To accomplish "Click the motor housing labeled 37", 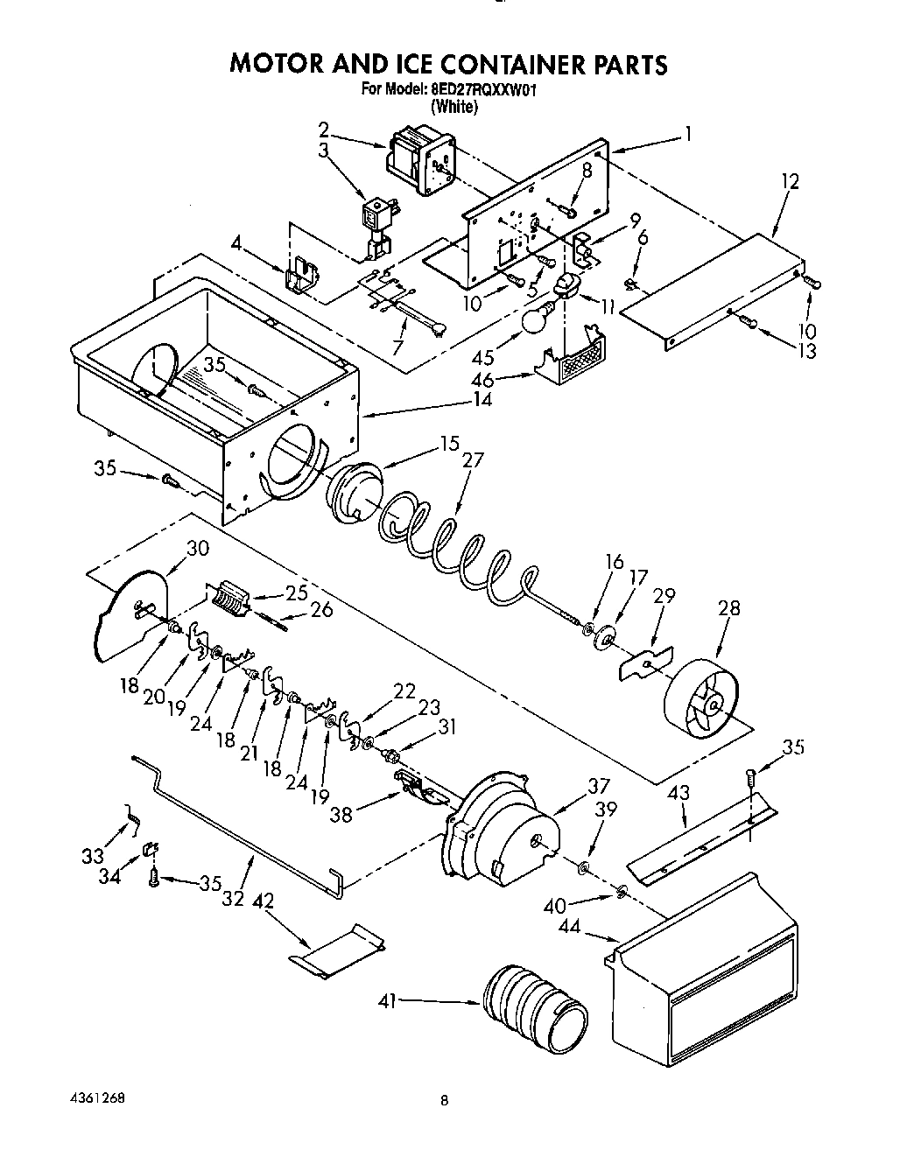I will [x=503, y=823].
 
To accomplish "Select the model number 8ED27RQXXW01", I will [x=488, y=89].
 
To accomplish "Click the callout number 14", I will [x=481, y=400].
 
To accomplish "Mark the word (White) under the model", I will [x=453, y=107].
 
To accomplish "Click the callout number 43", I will [x=678, y=793].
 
